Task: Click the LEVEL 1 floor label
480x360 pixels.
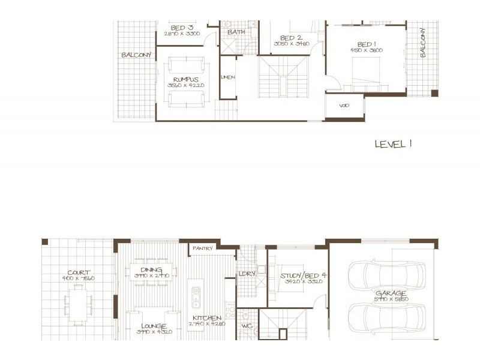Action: coord(393,144)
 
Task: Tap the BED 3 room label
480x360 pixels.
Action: coord(182,28)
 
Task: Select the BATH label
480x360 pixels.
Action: coord(236,32)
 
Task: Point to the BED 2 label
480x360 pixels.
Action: coord(291,38)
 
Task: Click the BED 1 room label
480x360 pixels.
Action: coord(367,44)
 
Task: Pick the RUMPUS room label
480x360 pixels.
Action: coord(185,79)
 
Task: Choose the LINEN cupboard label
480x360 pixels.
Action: coord(228,77)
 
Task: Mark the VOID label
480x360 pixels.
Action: coord(344,106)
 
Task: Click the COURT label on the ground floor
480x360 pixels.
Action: coord(79,272)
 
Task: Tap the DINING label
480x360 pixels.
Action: coord(151,270)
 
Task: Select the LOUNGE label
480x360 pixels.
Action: coord(154,326)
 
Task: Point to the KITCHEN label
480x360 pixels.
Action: coord(207,318)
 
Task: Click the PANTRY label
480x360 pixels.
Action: coord(203,247)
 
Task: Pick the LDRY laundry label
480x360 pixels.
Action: coord(247,274)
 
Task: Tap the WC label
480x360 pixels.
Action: coord(246,327)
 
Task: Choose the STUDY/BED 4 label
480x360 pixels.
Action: coord(302,276)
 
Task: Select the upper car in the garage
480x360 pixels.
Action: coord(386,275)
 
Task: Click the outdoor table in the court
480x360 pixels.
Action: coord(79,305)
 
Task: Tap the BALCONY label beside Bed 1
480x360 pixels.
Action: coord(422,43)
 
